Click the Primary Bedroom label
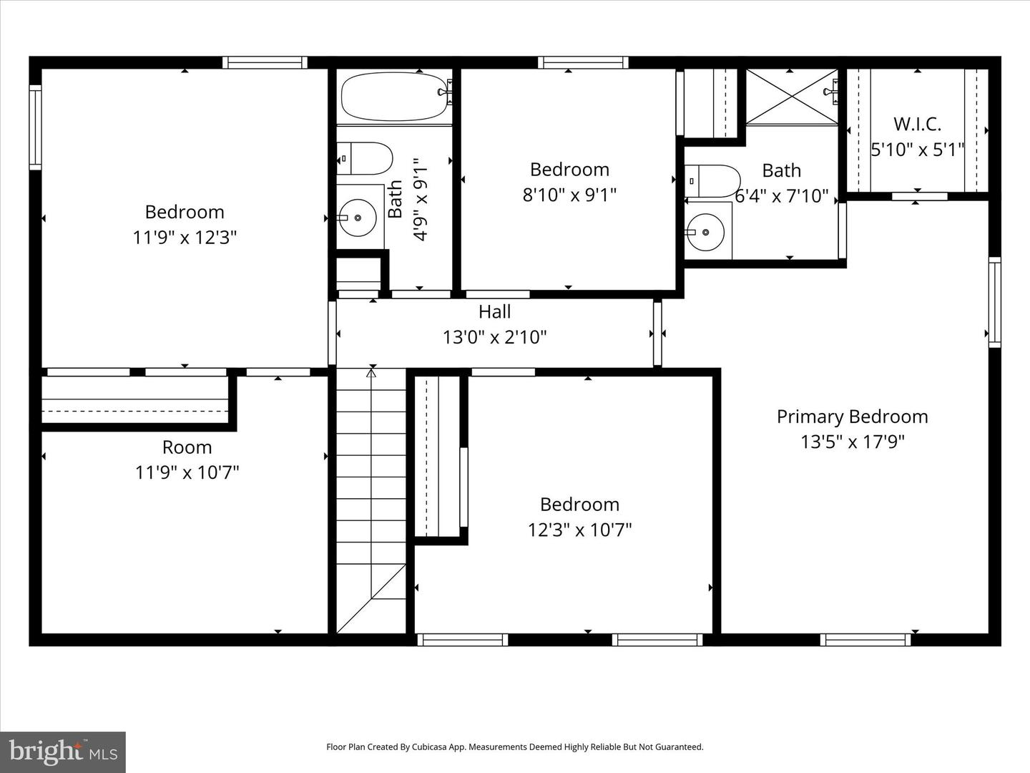tap(852, 417)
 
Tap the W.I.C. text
tap(917, 124)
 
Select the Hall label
tap(494, 311)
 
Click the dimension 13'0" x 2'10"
tap(494, 337)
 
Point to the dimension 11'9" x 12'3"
tap(185, 237)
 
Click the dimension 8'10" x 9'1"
tap(569, 195)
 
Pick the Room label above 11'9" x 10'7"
tap(187, 447)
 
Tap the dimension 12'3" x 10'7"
tap(579, 530)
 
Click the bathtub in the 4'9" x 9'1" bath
tap(394, 97)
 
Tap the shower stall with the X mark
tap(791, 97)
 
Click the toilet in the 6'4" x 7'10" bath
tap(712, 181)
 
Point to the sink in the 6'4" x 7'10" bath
tap(706, 232)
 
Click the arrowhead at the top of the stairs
tap(371, 372)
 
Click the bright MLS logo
tap(63, 752)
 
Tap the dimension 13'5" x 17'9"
tap(852, 442)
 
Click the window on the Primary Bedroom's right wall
tap(994, 302)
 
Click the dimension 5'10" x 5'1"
tap(917, 150)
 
